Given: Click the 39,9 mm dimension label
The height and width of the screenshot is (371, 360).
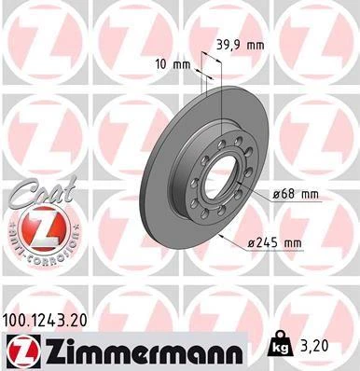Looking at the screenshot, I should [x=240, y=45].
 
